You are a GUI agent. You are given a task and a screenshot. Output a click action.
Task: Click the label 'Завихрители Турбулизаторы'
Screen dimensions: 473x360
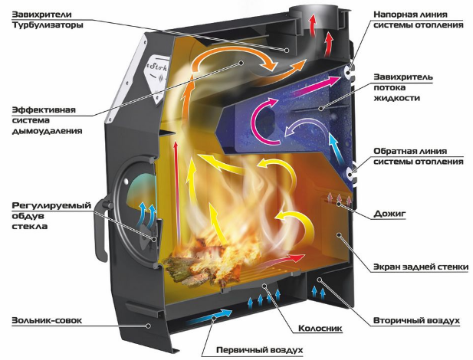(x=48, y=20)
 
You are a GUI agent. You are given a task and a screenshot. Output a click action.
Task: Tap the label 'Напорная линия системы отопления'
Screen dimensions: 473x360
(x=419, y=20)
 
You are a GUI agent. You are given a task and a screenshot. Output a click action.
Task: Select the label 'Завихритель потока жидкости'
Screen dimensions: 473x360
(x=403, y=87)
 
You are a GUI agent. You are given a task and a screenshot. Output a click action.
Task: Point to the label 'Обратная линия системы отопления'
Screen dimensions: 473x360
(x=419, y=156)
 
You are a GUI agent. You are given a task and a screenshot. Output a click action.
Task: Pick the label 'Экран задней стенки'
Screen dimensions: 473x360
(x=421, y=267)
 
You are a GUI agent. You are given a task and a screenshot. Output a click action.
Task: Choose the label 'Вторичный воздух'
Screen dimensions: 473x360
(x=416, y=320)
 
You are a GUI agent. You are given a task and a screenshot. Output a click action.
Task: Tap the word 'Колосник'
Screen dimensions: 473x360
(x=320, y=328)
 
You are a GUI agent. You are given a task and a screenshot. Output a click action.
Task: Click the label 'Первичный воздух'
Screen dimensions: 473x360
(x=259, y=350)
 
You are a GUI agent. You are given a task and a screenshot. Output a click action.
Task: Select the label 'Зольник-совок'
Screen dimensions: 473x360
(x=47, y=320)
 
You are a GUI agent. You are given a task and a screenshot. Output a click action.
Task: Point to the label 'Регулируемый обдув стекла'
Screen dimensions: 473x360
(x=51, y=216)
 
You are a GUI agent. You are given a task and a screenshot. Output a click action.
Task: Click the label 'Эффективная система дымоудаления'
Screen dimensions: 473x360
(x=47, y=120)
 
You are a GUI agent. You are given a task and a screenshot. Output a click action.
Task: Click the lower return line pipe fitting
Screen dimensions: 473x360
(x=351, y=174)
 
